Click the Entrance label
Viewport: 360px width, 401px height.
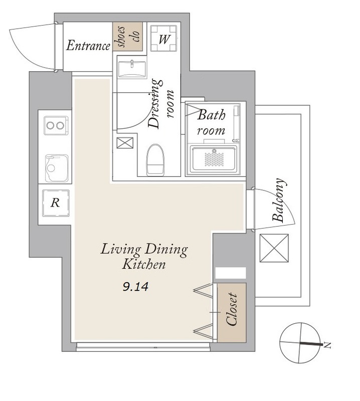88,46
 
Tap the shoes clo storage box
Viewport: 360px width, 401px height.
127,36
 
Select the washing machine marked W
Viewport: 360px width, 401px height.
163,39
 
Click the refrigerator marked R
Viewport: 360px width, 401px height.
56,203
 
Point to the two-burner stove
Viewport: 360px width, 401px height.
56,125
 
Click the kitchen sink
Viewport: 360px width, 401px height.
57,168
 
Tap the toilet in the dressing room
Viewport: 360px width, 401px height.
155,160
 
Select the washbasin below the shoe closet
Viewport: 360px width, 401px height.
132,69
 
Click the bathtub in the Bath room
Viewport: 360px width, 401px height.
214,159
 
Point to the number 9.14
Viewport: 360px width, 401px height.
135,287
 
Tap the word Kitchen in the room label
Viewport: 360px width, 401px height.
144,265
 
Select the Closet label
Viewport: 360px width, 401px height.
232,310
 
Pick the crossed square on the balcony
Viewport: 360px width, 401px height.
274,248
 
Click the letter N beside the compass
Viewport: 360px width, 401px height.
327,345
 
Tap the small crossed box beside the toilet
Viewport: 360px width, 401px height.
125,143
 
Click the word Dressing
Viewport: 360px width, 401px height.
155,104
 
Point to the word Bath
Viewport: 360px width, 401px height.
212,115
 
